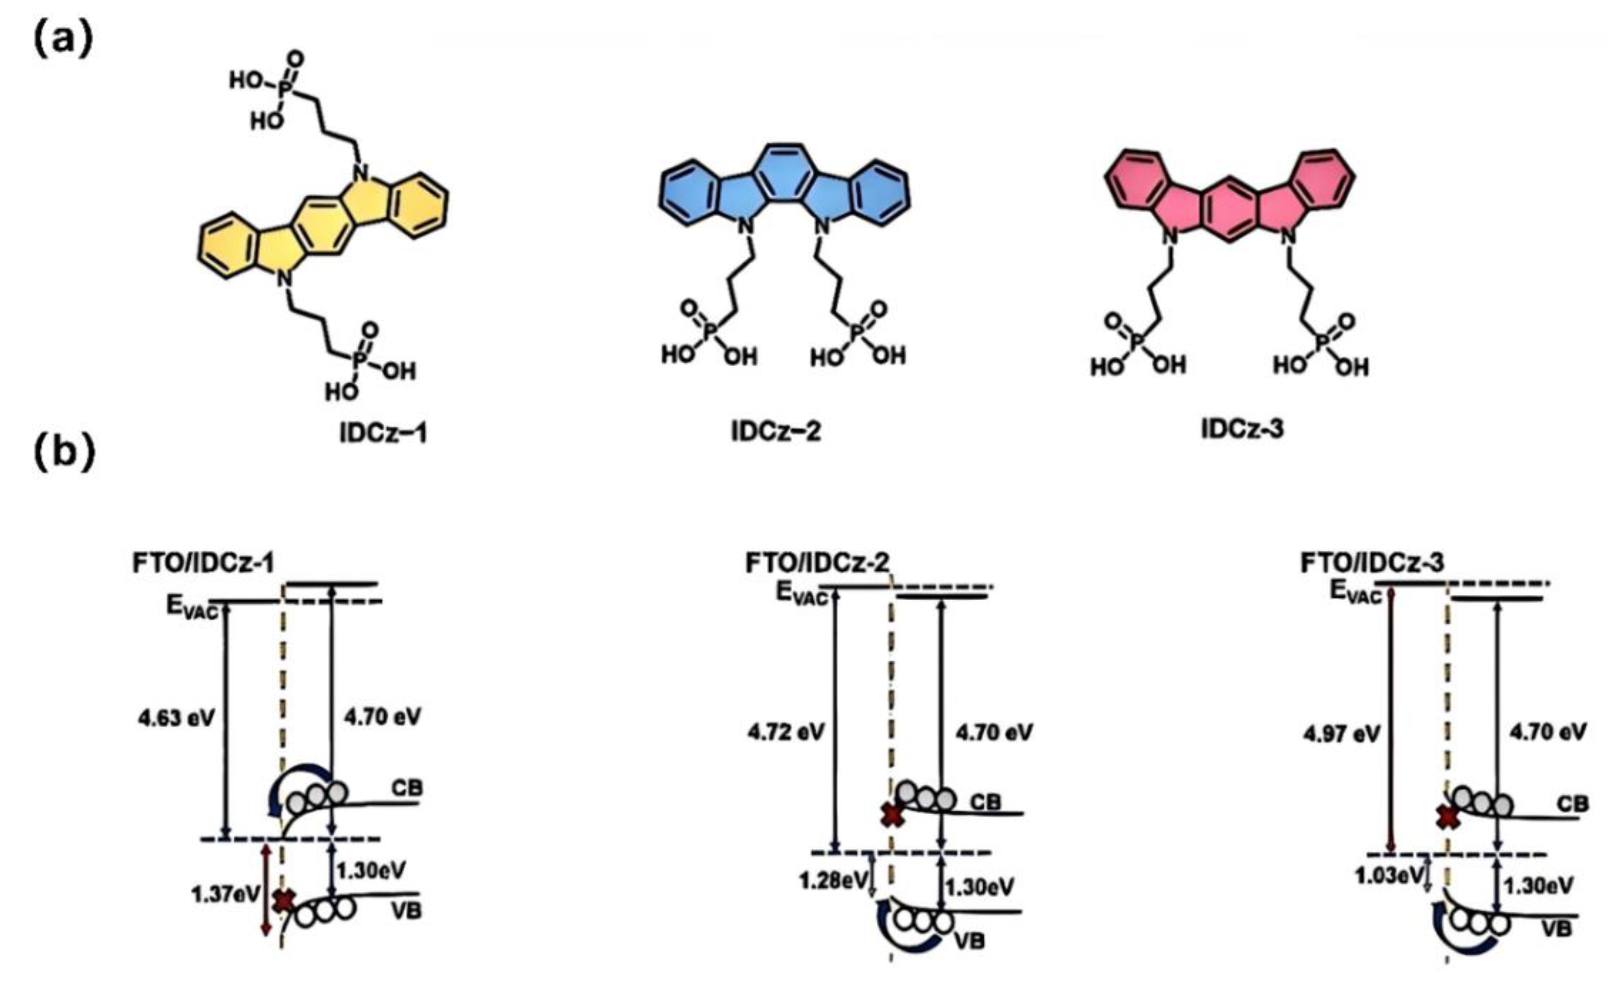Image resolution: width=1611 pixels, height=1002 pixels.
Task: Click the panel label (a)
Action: click(x=63, y=40)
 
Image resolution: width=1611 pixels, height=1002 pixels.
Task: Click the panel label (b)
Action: click(x=65, y=453)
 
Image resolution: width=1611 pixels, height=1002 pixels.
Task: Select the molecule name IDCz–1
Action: click(x=383, y=433)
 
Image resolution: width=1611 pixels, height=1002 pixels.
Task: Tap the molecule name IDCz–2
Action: click(x=776, y=431)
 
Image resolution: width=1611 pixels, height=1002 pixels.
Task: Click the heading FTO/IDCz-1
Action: click(x=203, y=562)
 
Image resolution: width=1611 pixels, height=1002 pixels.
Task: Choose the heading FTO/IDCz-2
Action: click(x=817, y=562)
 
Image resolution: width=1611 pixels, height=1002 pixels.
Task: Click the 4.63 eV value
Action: click(x=176, y=718)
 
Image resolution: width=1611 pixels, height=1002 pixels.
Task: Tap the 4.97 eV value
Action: click(x=1341, y=733)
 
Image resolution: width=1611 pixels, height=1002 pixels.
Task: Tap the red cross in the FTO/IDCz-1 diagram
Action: click(x=285, y=900)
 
